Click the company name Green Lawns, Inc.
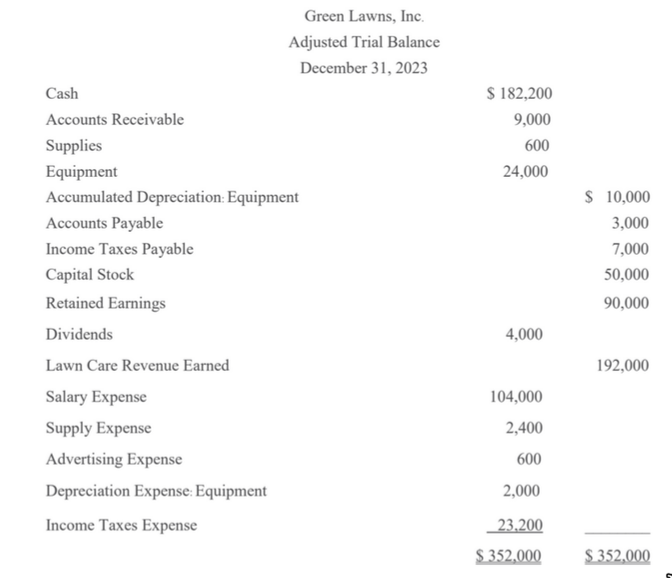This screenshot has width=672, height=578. (x=364, y=15)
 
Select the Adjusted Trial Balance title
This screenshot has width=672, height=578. (x=364, y=42)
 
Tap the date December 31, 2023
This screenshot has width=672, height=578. (x=364, y=68)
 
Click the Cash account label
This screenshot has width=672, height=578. (x=63, y=94)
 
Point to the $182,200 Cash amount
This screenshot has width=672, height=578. (x=520, y=94)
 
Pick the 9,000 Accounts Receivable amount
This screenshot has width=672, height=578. (x=531, y=120)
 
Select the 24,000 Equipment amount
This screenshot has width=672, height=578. (x=526, y=172)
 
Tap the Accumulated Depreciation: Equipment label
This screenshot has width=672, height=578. (x=172, y=197)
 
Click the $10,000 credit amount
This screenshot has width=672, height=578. (x=616, y=197)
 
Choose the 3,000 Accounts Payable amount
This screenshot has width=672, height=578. (x=630, y=223)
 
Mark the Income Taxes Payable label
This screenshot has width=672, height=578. (x=120, y=249)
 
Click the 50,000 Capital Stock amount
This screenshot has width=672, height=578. (x=627, y=275)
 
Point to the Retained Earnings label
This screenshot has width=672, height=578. (x=105, y=303)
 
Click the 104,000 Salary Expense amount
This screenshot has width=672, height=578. (x=516, y=397)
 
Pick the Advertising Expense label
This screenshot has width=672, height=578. (x=114, y=460)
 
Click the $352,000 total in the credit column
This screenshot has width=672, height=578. (x=616, y=555)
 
